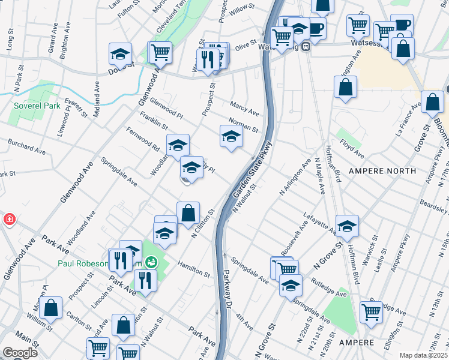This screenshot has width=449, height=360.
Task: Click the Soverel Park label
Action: tap(37, 106)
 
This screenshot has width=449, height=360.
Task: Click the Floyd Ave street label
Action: tap(352, 149)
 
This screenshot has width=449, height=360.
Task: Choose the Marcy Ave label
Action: tap(244, 112)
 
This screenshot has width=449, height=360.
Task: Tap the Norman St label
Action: tap(243, 125)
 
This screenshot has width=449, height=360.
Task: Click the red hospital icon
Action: tap(9, 219)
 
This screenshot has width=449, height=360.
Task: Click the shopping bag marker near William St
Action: tap(52, 308)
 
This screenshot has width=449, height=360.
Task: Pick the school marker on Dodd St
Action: tap(120, 53)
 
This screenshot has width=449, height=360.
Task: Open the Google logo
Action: tap(20, 353)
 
